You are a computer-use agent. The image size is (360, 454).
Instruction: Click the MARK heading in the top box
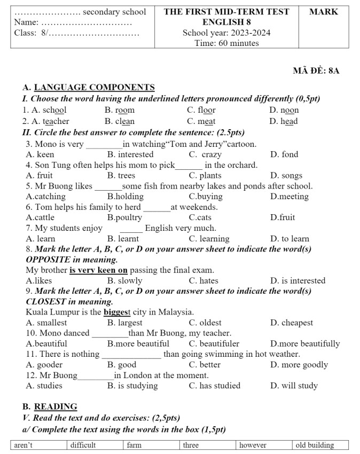pos(324,12)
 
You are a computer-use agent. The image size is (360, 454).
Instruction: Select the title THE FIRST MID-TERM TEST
pos(226,12)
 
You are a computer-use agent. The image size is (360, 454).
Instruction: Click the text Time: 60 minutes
pos(226,43)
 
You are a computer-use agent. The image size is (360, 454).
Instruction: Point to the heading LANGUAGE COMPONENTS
pos(94,88)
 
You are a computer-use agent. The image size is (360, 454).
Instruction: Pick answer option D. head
pos(284,121)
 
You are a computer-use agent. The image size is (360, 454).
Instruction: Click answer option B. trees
pos(121,175)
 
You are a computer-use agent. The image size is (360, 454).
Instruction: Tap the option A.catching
pos(46,197)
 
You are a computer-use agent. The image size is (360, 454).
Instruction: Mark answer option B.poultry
pos(124,217)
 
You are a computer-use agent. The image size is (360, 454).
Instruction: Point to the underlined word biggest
pos(118,312)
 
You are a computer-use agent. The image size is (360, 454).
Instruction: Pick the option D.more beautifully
pos(304,343)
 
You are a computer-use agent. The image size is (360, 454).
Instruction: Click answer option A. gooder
pos(44,365)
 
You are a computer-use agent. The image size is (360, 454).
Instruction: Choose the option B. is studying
pos(132,386)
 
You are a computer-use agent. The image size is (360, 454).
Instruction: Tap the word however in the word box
pos(253,445)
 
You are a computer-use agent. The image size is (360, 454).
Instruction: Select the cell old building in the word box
pos(315,445)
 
